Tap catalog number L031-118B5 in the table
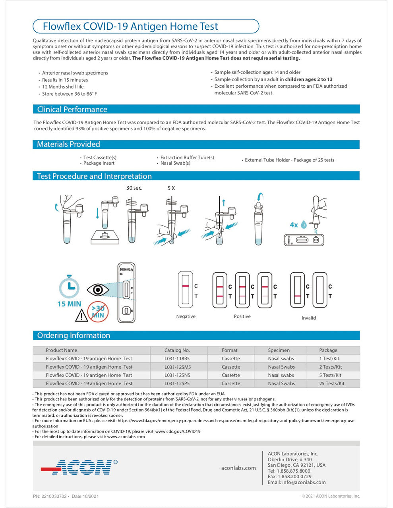coord(177,358)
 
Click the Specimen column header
coord(279,350)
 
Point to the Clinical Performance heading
coord(72,110)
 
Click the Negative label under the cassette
coord(186,316)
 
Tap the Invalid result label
coord(308,318)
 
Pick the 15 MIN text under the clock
coord(69,304)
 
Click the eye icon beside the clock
coord(98,290)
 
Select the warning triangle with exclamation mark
coord(81,316)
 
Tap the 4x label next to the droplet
coord(294,225)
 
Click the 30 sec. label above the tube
coord(134,188)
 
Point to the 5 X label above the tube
coord(171,188)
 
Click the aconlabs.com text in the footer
coord(238,468)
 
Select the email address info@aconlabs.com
coord(296,482)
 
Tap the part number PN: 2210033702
coord(50,496)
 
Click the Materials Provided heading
coord(68,144)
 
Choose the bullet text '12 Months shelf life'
coord(63,87)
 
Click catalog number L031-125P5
coord(177,383)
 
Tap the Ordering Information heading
coord(74,335)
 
